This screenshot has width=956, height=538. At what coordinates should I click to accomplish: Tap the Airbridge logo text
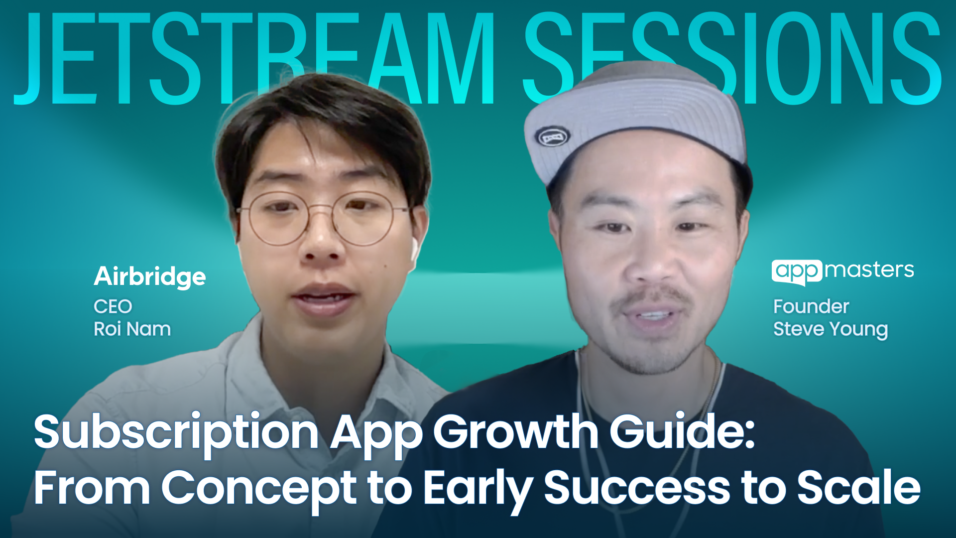point(149,276)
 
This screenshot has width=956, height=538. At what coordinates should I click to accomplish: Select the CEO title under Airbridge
point(113,306)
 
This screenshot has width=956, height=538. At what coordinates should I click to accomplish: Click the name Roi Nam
point(132,329)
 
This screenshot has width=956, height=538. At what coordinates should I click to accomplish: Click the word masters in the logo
point(869,270)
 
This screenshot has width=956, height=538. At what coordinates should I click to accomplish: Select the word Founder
point(811,306)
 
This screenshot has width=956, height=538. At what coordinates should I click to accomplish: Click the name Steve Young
point(830,329)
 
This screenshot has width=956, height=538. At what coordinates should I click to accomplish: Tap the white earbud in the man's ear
point(414,249)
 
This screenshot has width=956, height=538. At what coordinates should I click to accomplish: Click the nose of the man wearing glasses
point(321,244)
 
